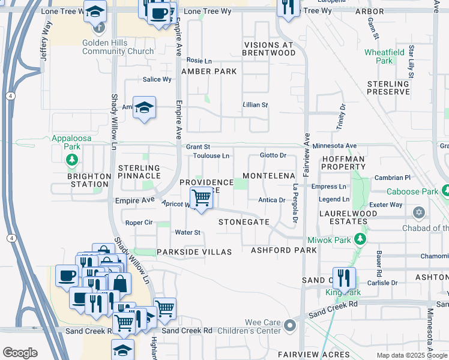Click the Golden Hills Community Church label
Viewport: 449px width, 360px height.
point(118,47)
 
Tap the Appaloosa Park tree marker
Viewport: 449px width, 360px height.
point(72,159)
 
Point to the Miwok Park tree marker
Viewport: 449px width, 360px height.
point(360,239)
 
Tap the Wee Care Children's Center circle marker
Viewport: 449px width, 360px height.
point(291,326)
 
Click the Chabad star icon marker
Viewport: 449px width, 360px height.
point(419,213)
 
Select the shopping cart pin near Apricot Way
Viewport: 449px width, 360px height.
point(201,197)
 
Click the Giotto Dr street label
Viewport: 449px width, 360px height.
point(273,155)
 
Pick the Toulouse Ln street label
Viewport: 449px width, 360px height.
point(211,156)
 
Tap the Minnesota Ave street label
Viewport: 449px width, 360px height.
point(334,146)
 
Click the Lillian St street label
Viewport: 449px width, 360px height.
point(255,105)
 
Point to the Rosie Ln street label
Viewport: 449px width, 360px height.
point(199,61)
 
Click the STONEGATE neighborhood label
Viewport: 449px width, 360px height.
point(244,222)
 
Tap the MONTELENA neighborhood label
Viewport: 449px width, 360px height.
point(269,176)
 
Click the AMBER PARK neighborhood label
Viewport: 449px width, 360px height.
point(209,71)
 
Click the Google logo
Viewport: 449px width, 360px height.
point(20,353)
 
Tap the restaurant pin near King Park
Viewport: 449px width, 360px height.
point(344,277)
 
